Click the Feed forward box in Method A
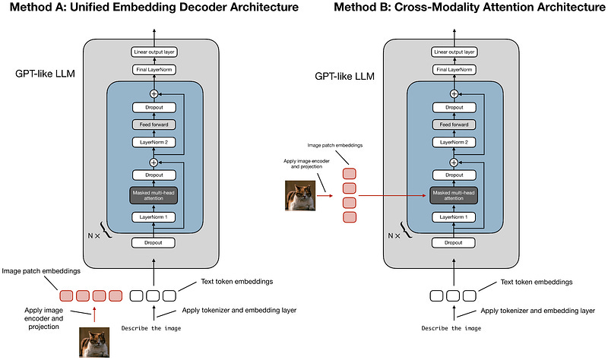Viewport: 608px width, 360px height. click(154, 124)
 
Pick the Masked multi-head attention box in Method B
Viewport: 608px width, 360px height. click(454, 195)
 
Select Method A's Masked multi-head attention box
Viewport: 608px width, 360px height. click(154, 195)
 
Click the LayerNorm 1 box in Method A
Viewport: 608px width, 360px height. click(154, 217)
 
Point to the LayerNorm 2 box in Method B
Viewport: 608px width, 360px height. click(454, 141)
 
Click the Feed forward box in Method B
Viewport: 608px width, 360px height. click(454, 124)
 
